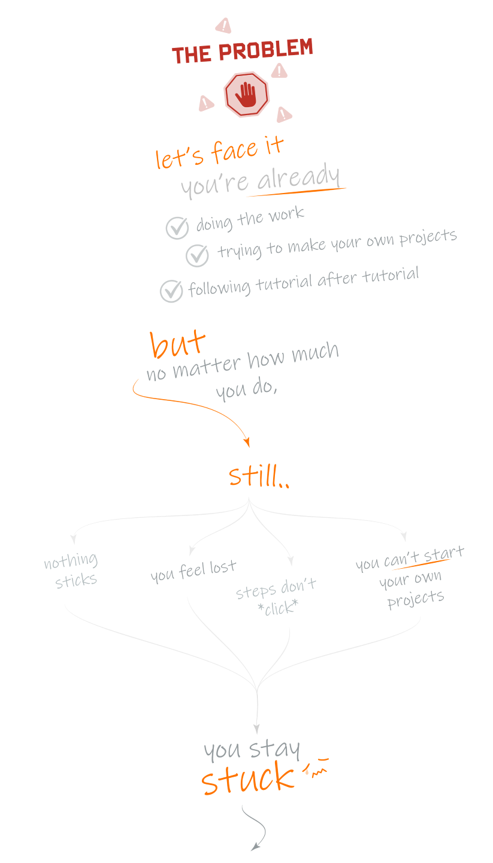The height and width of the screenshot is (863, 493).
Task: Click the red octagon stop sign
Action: point(246,94)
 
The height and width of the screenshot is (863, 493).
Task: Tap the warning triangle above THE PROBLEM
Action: point(223,26)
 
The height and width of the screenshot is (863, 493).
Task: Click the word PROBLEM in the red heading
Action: point(266,51)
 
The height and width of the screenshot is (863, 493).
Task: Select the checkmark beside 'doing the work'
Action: point(177,228)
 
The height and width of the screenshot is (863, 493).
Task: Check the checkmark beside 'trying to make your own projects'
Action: point(197,255)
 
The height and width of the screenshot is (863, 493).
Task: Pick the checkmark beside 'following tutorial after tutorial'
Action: point(171,291)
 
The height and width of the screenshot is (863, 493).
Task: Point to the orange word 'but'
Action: point(177,345)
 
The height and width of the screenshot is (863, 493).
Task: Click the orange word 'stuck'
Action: point(247,779)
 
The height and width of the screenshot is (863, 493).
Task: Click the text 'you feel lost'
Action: point(193,571)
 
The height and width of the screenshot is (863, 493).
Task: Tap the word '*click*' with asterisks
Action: point(280,608)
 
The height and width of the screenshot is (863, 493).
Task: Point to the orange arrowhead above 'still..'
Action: point(246,442)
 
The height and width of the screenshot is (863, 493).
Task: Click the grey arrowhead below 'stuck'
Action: point(255,847)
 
